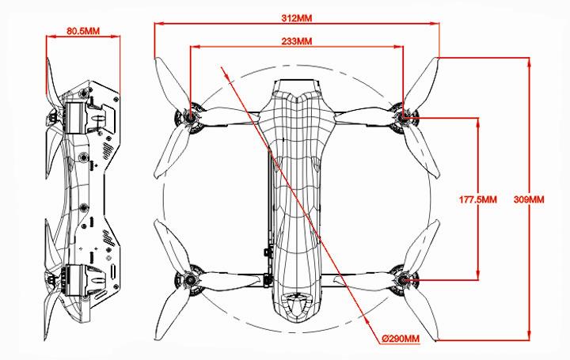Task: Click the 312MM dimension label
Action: click(x=297, y=17)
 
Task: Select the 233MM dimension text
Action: click(x=297, y=41)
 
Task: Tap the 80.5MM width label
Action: click(x=83, y=31)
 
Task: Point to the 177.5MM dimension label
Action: click(x=477, y=199)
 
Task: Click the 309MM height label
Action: click(x=529, y=199)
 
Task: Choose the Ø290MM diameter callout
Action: click(x=401, y=339)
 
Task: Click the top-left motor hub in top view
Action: click(x=190, y=117)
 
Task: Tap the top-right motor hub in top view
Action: click(x=403, y=117)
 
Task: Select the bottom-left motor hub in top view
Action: click(x=190, y=280)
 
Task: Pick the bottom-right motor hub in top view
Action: click(x=403, y=280)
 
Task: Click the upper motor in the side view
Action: click(x=76, y=117)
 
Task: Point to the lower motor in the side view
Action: click(x=76, y=280)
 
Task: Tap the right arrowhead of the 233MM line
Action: click(x=399, y=47)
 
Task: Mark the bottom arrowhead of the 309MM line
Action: click(x=529, y=336)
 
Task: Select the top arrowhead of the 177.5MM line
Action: click(x=477, y=123)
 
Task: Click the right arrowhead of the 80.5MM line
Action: click(x=116, y=36)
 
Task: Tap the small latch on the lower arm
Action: click(x=268, y=280)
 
